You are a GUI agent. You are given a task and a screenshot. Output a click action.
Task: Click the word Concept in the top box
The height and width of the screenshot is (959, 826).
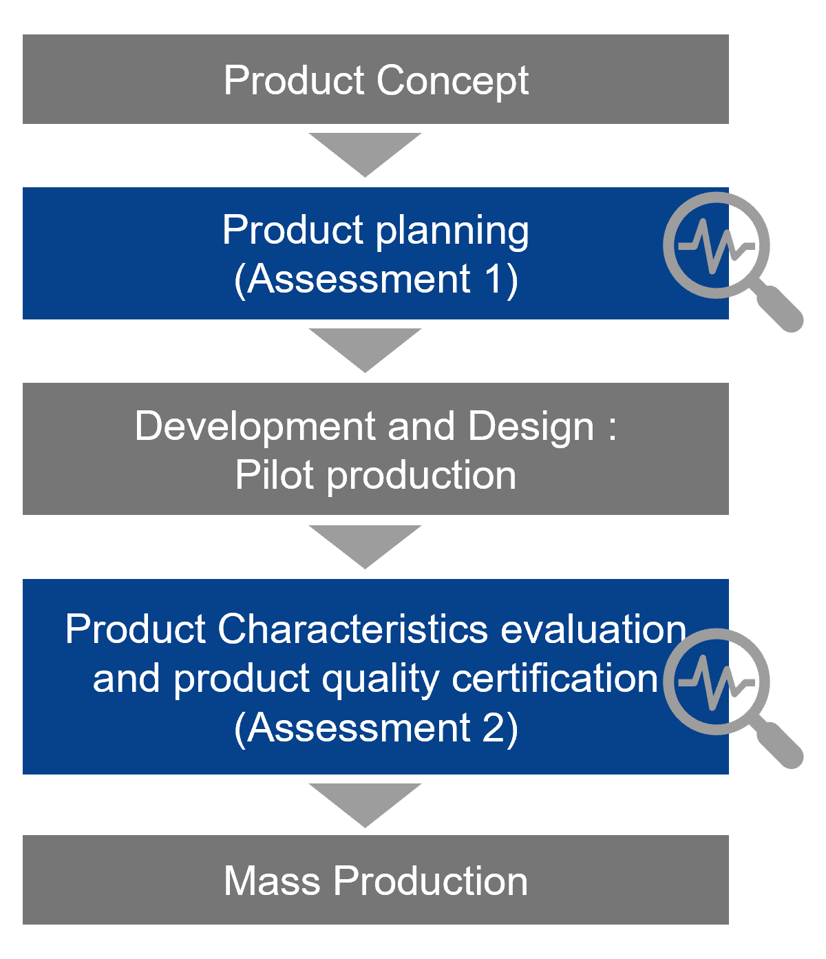452,81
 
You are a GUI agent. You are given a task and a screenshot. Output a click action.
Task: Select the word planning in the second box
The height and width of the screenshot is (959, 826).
452,232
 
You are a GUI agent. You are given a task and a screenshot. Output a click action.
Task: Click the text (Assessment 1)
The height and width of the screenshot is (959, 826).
376,280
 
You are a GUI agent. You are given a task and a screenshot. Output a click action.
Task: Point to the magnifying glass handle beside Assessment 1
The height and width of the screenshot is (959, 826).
778,306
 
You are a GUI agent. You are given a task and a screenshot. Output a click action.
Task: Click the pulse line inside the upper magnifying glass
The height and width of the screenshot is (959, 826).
717,246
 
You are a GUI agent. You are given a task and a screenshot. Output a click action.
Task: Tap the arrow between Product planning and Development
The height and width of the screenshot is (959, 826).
365,350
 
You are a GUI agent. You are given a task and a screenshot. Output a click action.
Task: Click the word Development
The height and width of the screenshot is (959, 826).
255,428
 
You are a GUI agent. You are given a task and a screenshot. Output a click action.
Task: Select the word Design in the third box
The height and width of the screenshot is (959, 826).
531,428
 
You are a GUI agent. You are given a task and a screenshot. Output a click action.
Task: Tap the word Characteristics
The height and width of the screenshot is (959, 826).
352,629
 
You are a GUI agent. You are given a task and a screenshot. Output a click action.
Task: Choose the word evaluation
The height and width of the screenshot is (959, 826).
593,629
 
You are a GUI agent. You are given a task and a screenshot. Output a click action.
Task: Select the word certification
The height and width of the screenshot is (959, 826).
555,679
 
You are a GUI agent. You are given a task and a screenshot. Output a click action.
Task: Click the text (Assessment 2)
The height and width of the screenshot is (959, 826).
376,728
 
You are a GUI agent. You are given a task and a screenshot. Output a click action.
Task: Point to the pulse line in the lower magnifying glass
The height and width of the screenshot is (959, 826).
717,682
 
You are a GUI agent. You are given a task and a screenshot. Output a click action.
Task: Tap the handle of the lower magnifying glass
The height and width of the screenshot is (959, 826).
778,744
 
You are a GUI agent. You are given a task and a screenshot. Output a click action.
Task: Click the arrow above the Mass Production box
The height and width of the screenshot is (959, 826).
365,805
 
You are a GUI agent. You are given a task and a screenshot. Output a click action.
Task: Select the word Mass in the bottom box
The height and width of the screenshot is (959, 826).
273,881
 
